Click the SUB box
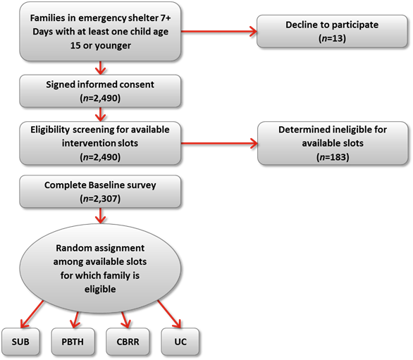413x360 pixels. click(x=20, y=342)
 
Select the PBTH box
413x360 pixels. click(x=73, y=342)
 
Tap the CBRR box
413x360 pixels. click(x=128, y=342)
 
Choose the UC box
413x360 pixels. click(x=180, y=342)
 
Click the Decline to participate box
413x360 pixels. click(x=332, y=31)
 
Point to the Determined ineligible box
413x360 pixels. click(x=333, y=143)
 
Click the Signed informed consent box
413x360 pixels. click(x=100, y=91)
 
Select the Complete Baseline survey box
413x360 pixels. click(x=100, y=192)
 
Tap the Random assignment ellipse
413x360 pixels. click(x=100, y=268)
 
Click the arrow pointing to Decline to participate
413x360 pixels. click(x=219, y=31)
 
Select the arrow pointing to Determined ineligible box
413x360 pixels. click(x=219, y=144)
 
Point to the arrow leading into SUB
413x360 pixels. click(x=32, y=314)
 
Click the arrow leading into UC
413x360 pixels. click(x=169, y=314)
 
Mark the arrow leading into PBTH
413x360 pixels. click(x=75, y=320)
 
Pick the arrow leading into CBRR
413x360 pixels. click(x=125, y=320)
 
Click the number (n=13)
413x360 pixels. click(x=332, y=39)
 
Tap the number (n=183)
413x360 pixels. click(x=333, y=157)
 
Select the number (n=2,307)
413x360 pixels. click(x=100, y=199)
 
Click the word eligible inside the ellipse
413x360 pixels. click(x=100, y=289)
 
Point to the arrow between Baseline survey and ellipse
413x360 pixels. click(x=100, y=216)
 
